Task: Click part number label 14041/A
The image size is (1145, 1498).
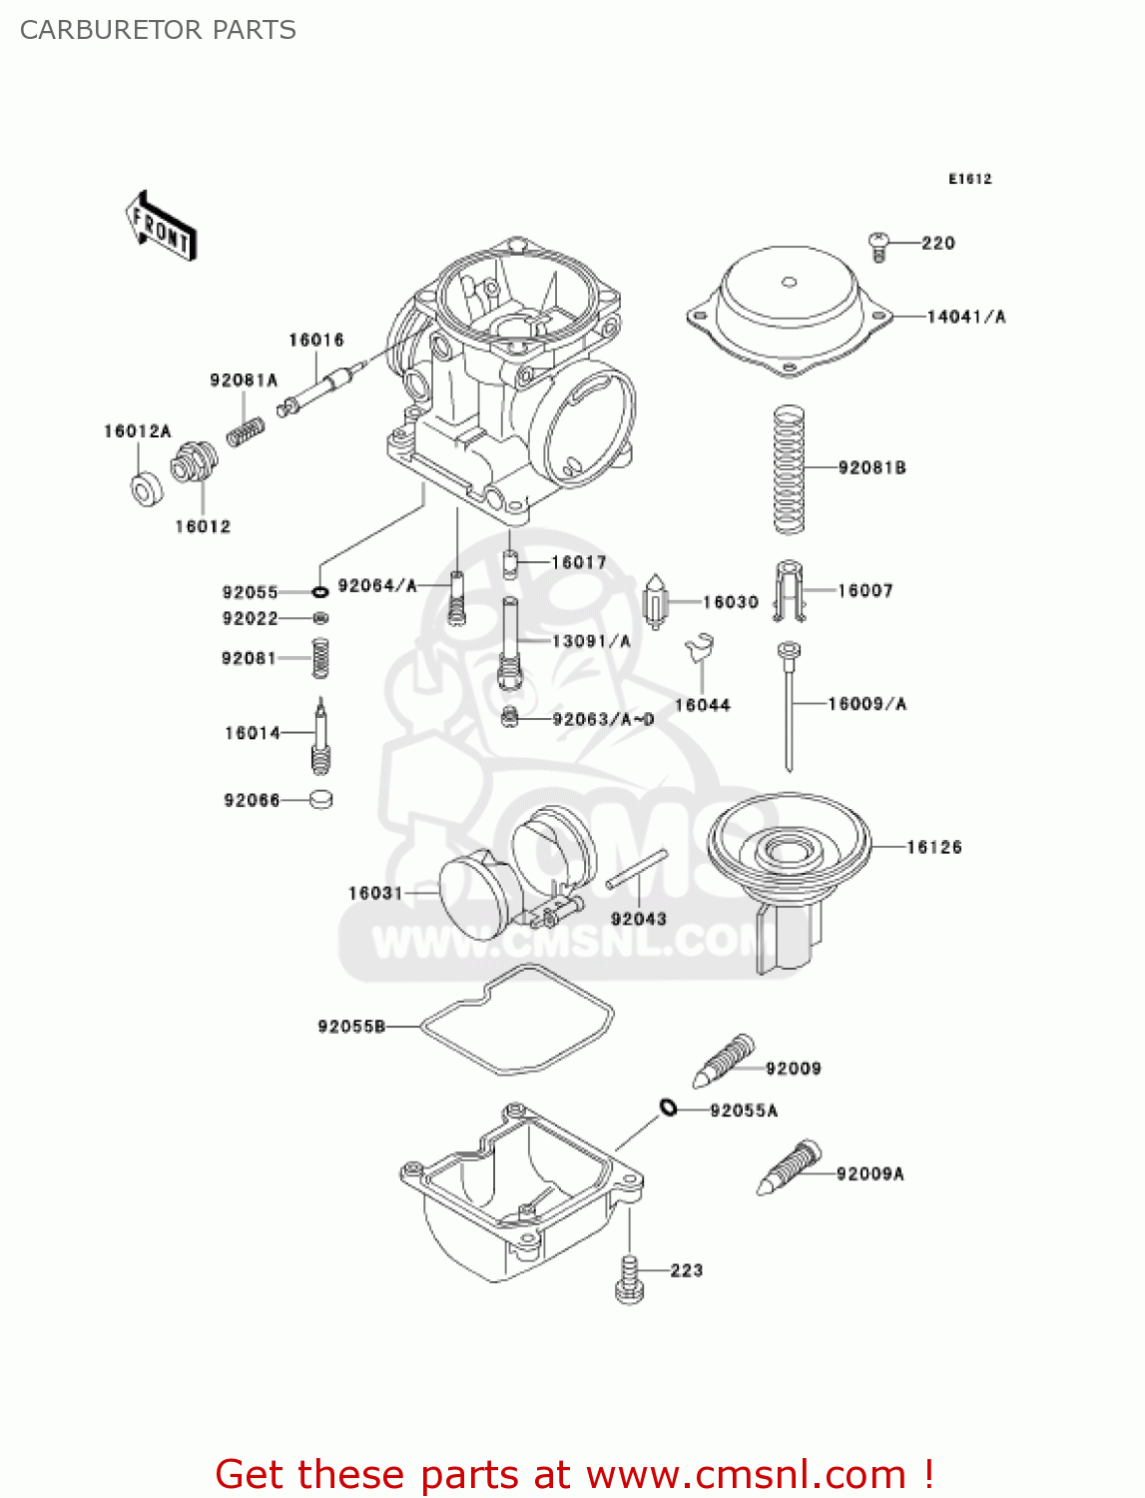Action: point(965,317)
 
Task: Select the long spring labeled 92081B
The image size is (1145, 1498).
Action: point(790,468)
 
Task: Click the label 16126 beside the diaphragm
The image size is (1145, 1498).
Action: point(933,847)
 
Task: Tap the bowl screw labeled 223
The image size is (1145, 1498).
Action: point(629,1279)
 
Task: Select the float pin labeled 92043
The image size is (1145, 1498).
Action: point(637,868)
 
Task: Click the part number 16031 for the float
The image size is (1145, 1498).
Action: point(374,893)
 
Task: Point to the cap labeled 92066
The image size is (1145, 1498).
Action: point(320,799)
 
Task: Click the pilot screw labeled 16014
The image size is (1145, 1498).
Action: point(320,737)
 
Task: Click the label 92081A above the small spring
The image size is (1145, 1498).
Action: point(243,380)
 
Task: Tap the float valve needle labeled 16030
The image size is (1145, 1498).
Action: point(655,602)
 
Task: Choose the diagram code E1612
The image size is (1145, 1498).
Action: point(969,179)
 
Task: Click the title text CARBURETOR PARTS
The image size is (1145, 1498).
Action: point(158,30)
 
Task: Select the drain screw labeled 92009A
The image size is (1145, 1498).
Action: point(789,1169)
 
